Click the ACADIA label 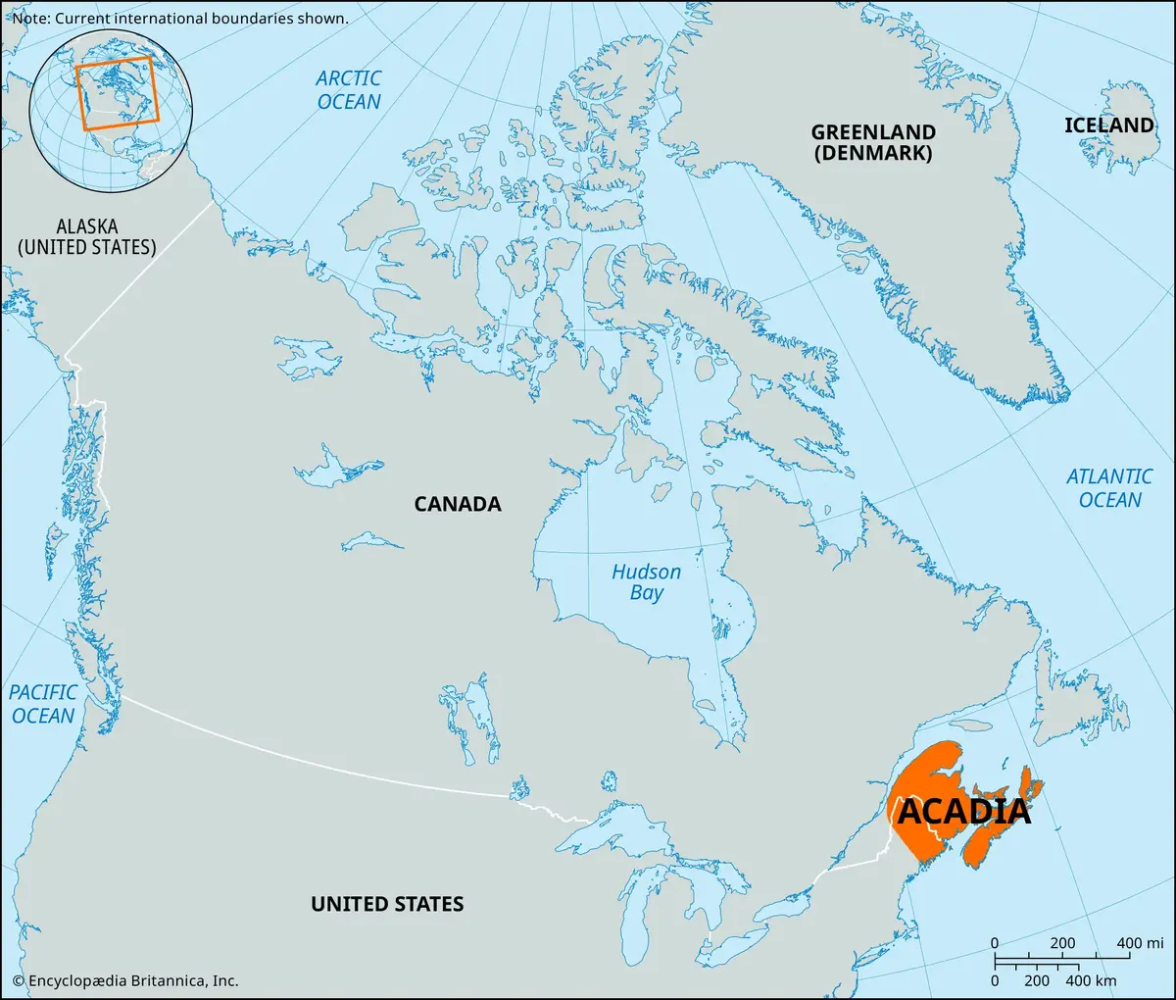pos(964,812)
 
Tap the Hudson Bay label pos(646,582)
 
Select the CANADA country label pos(457,504)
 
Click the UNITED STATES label pos(387,904)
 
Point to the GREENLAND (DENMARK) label pos(872,142)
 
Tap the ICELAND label pos(1109,125)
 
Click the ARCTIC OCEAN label pos(349,90)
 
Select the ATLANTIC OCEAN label pos(1109,488)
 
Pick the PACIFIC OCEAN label pos(43,704)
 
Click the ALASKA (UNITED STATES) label pos(86,237)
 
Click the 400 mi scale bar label pos(1141,943)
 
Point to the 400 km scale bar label pos(1090,980)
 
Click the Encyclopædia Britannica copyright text pos(124,980)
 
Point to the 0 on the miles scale pos(995,943)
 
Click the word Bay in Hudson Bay pos(647,593)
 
